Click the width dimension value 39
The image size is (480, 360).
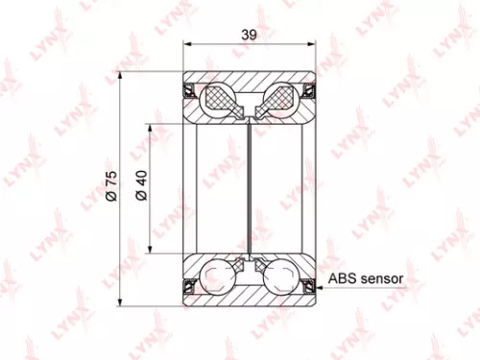(248, 35)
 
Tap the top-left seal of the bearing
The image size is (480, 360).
(190, 92)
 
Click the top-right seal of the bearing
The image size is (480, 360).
(309, 92)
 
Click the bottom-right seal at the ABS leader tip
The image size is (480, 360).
(308, 285)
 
